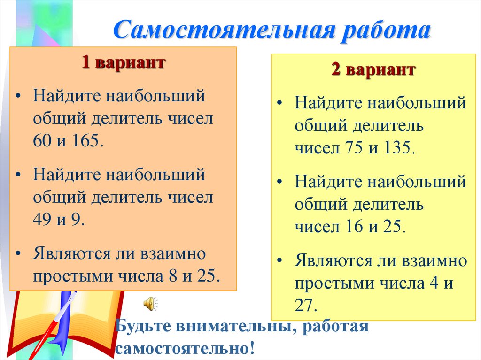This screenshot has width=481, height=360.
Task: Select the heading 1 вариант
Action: pyautogui.click(x=123, y=63)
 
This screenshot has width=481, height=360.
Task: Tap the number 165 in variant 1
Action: pyautogui.click(x=87, y=141)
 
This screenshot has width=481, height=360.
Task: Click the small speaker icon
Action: pyautogui.click(x=149, y=304)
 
